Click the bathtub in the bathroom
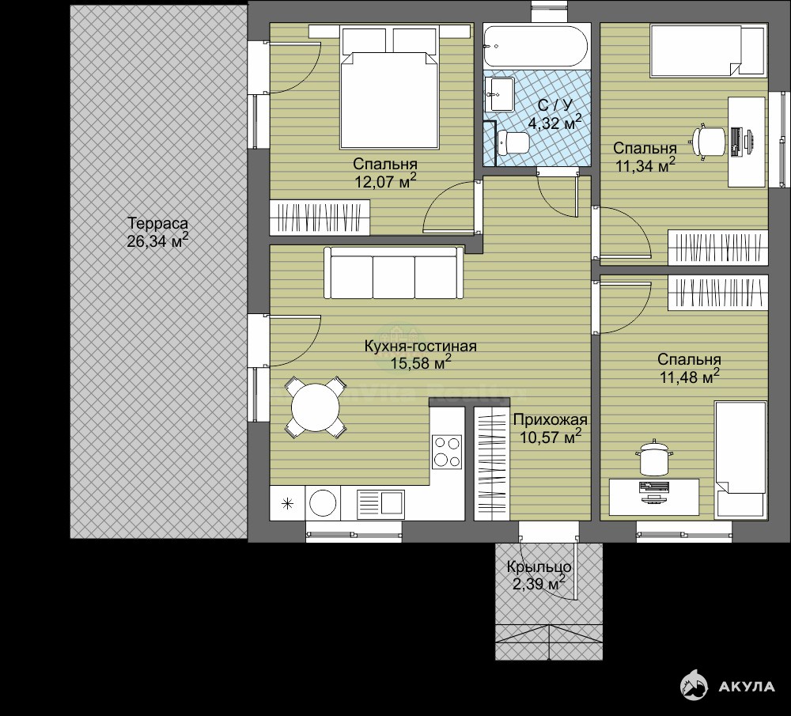point(536,45)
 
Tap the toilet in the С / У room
point(512,142)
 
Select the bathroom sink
point(499,94)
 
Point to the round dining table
point(316,407)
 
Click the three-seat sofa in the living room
point(393,273)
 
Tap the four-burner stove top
point(447,452)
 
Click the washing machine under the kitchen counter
point(323,502)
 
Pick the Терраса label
point(157,223)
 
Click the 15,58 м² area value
point(421,362)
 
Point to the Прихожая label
point(551,420)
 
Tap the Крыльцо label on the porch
point(539,567)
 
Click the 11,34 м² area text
point(645,165)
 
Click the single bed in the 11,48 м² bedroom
point(740,460)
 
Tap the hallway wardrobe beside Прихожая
point(491,463)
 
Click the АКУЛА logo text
point(746,686)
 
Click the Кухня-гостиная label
point(421,347)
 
